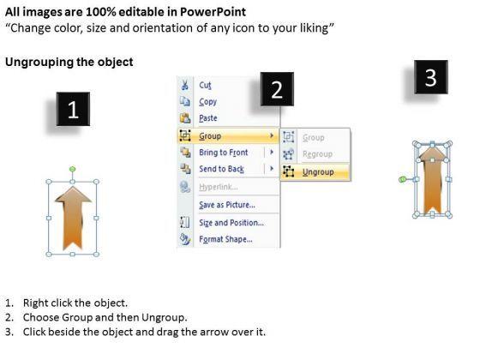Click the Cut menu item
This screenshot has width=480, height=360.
tap(205, 85)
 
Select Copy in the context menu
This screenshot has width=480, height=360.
tap(207, 102)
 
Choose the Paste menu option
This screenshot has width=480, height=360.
tap(208, 118)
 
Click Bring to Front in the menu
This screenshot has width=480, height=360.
tap(224, 153)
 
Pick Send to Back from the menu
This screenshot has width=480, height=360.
tap(221, 169)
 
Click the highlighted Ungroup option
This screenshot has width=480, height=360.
tap(318, 172)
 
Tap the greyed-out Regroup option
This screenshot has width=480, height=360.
tap(317, 154)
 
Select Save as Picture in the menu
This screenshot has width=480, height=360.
tap(227, 205)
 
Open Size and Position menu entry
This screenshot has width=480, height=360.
tap(231, 223)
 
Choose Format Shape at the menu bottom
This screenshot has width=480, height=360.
tap(226, 239)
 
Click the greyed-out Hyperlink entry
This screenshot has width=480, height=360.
tap(219, 187)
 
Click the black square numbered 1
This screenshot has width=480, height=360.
tap(73, 109)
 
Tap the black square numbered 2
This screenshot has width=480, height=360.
tap(277, 89)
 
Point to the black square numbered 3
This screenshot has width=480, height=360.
tap(431, 77)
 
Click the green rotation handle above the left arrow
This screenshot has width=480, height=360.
tap(73, 169)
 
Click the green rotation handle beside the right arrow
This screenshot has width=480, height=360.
tap(402, 179)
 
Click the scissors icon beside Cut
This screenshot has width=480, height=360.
tap(185, 85)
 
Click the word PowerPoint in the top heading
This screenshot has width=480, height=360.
tap(213, 12)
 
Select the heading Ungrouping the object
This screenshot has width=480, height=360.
tap(69, 62)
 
